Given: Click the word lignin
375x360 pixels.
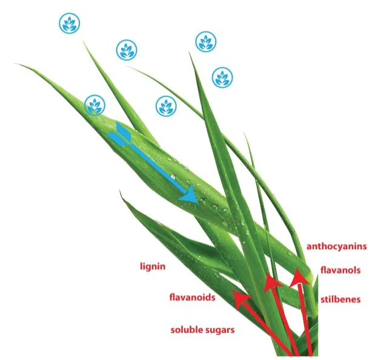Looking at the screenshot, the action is tap(152, 266).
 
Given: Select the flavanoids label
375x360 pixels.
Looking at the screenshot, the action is tap(192, 297).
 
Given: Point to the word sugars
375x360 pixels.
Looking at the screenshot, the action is tap(219, 330).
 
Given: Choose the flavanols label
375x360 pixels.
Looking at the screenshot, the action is tap(340, 270).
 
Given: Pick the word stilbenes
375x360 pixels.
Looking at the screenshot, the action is tap(340, 299).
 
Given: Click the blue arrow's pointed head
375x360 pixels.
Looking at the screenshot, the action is tap(191, 197).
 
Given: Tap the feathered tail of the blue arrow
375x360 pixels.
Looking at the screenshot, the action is tap(118, 133).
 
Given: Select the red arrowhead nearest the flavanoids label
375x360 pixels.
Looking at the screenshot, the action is tap(241, 300).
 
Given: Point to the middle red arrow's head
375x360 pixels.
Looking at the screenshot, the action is tap(273, 281).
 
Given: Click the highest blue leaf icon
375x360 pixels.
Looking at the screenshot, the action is tap(69, 24).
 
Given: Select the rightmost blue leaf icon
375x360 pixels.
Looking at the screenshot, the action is tap(222, 77).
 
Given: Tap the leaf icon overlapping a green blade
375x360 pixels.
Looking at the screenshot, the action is tap(94, 105).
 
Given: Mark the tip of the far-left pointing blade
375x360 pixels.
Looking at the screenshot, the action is tap(18, 64).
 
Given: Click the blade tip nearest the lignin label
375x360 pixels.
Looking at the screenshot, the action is tap(121, 192).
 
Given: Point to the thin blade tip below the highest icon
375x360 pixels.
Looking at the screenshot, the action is tap(83, 40).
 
